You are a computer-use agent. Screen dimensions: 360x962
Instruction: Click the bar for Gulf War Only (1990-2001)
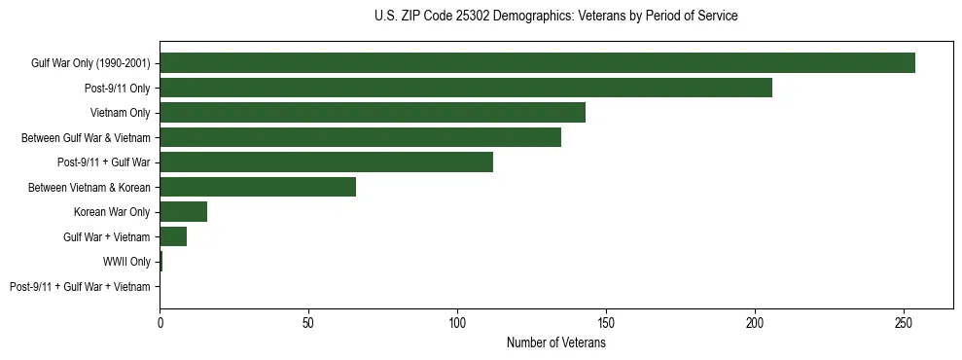point(537,63)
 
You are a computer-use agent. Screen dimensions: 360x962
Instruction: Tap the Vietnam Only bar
point(373,113)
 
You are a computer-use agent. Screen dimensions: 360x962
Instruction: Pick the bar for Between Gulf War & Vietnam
point(360,137)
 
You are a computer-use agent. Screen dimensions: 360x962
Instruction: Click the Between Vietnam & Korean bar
point(258,187)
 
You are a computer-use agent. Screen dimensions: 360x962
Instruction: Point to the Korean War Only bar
point(183,212)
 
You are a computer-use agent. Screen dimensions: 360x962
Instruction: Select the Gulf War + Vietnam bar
point(173,236)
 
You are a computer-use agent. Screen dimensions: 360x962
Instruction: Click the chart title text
point(555,17)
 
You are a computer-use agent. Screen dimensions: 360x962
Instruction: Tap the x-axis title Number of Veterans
point(555,343)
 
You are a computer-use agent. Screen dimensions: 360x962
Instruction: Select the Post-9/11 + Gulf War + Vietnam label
point(80,286)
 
